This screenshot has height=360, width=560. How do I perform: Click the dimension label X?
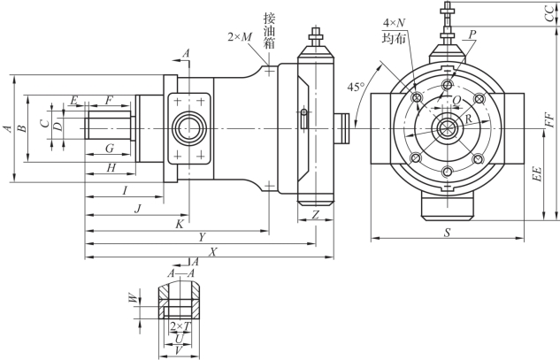pyautogui.click(x=213, y=252)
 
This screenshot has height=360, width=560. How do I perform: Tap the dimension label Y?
pyautogui.click(x=203, y=237)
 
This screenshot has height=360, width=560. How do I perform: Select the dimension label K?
pyautogui.click(x=180, y=225)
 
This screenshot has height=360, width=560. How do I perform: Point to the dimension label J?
pyautogui.click(x=138, y=209)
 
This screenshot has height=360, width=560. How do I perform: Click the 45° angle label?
pyautogui.click(x=357, y=87)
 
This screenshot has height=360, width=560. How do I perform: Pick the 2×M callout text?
pyautogui.click(x=240, y=37)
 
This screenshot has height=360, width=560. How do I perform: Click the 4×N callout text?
pyautogui.click(x=395, y=23)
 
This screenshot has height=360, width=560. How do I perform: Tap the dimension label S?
pyautogui.click(x=447, y=233)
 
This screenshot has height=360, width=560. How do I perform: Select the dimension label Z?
pyautogui.click(x=315, y=215)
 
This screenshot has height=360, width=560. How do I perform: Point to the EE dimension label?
pyautogui.click(x=538, y=173)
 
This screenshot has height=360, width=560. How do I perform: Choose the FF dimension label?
pyautogui.click(x=550, y=119)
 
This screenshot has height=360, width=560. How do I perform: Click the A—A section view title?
pyautogui.click(x=181, y=273)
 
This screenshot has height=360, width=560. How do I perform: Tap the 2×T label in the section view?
pyautogui.click(x=180, y=326)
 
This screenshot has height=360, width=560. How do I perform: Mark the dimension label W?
pyautogui.click(x=133, y=298)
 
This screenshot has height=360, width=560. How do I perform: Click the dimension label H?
pyautogui.click(x=111, y=167)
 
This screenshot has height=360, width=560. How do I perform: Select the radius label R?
pyautogui.click(x=469, y=119)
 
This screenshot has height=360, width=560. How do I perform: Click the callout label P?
pyautogui.click(x=472, y=34)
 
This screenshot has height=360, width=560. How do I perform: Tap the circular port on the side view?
pyautogui.click(x=189, y=128)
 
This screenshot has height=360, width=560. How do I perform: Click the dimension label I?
pyautogui.click(x=125, y=190)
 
